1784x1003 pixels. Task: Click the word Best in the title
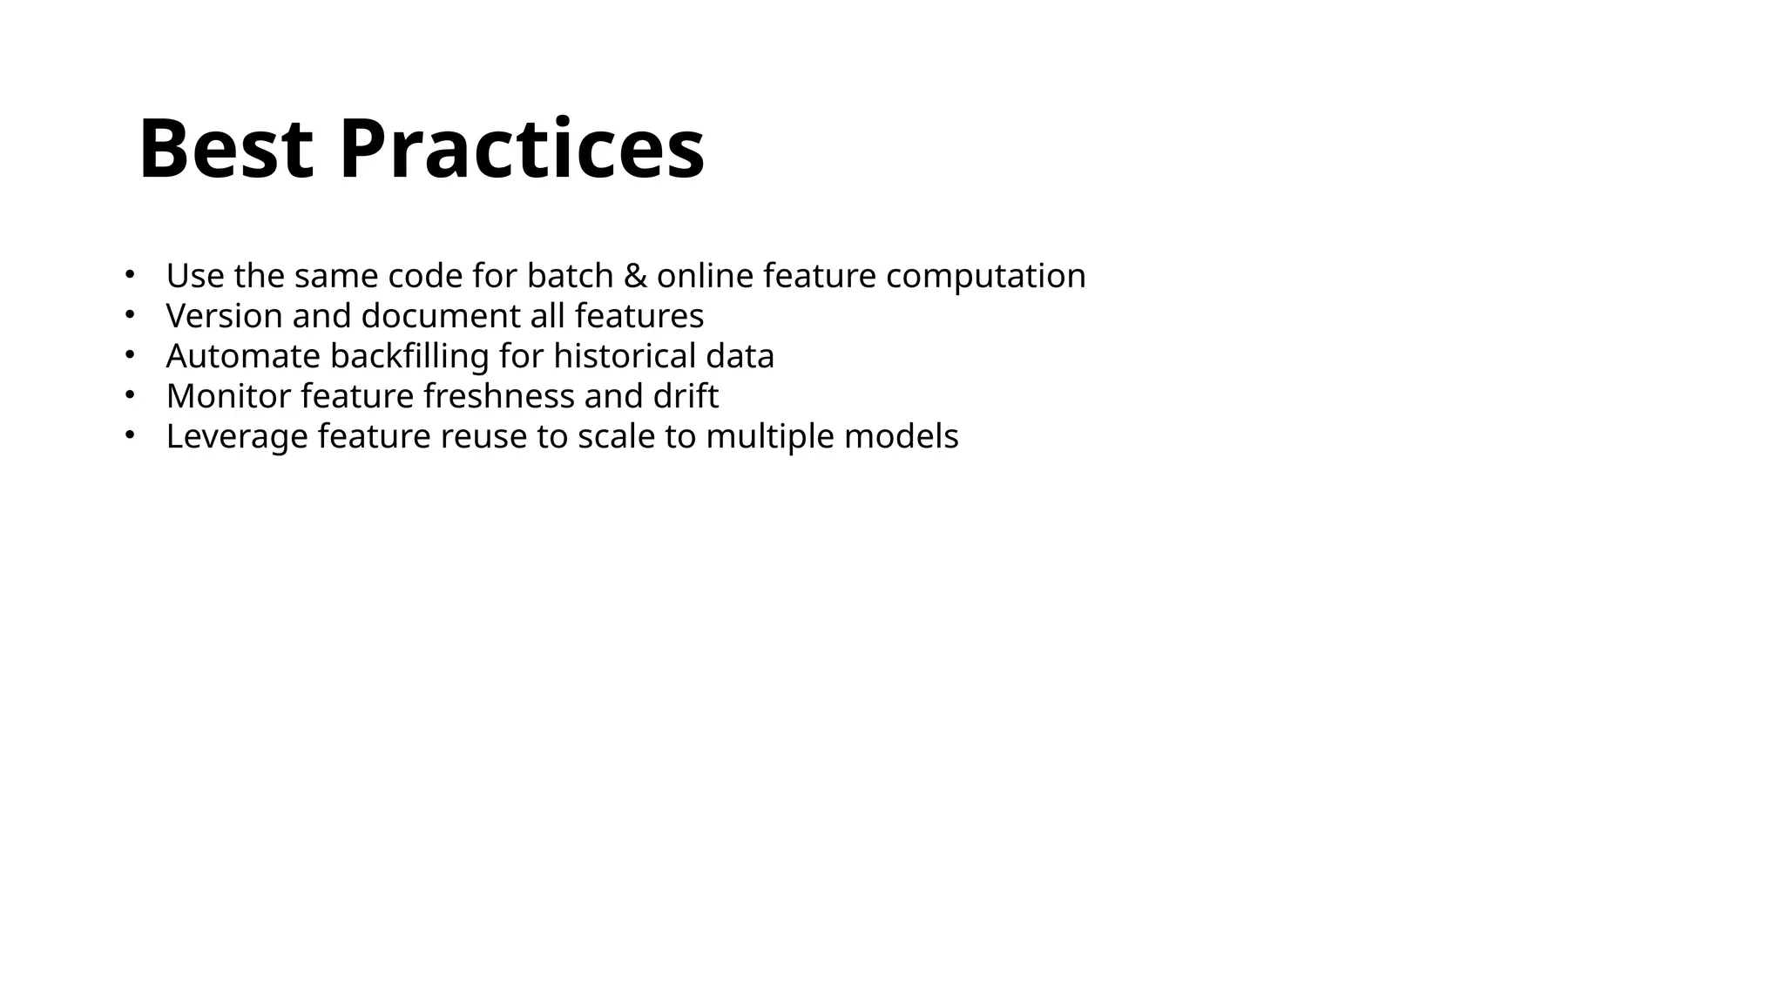click(x=226, y=150)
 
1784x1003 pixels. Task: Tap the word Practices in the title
click(x=521, y=150)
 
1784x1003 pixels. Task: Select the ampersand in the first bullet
click(x=635, y=276)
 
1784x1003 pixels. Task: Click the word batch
click(x=571, y=276)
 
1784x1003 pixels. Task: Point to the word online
click(x=705, y=276)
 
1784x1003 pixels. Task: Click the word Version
click(x=224, y=316)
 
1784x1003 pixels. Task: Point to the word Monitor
click(x=228, y=396)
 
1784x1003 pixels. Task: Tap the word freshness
click(x=499, y=396)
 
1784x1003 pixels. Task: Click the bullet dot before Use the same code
click(x=128, y=275)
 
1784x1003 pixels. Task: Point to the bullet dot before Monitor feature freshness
click(x=128, y=395)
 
